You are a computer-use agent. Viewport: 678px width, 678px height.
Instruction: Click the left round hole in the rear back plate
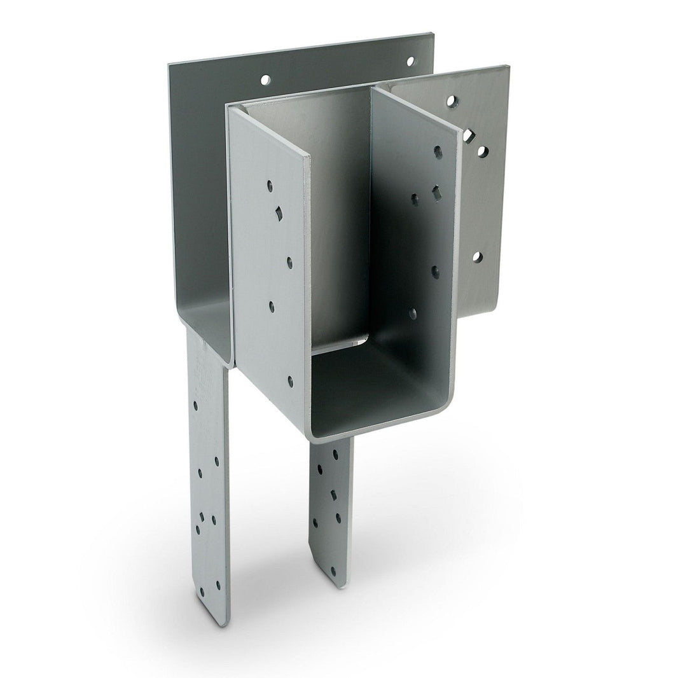265,80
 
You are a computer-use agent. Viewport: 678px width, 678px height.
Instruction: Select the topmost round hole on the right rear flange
451,100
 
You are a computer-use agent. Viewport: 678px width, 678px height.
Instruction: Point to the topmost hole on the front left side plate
270,186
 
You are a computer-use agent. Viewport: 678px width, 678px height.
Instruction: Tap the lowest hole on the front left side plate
291,381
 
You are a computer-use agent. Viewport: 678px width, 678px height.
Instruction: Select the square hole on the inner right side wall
436,192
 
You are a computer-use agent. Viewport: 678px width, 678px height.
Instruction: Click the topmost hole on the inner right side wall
438,151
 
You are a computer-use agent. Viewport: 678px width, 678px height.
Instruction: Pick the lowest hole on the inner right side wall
413,313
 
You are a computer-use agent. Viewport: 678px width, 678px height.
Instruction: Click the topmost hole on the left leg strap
195,405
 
